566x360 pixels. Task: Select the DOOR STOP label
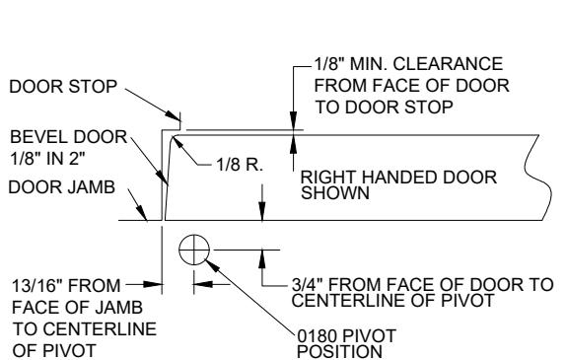click(63, 87)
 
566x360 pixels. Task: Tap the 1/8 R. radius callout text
click(240, 165)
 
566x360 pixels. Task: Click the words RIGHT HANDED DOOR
click(398, 178)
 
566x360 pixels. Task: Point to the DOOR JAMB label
click(62, 187)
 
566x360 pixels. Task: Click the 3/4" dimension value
click(307, 284)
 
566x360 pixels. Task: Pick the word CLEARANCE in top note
click(448, 64)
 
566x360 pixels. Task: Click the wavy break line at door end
click(538, 178)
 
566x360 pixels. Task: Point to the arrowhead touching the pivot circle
click(212, 265)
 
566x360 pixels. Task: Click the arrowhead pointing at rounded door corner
click(178, 142)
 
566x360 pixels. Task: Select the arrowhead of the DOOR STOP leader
click(173, 115)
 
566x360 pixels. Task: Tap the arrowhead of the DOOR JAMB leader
click(142, 213)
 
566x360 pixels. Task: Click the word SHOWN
click(335, 193)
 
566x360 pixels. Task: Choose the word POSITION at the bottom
click(339, 352)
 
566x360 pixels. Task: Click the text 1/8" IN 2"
click(47, 159)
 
